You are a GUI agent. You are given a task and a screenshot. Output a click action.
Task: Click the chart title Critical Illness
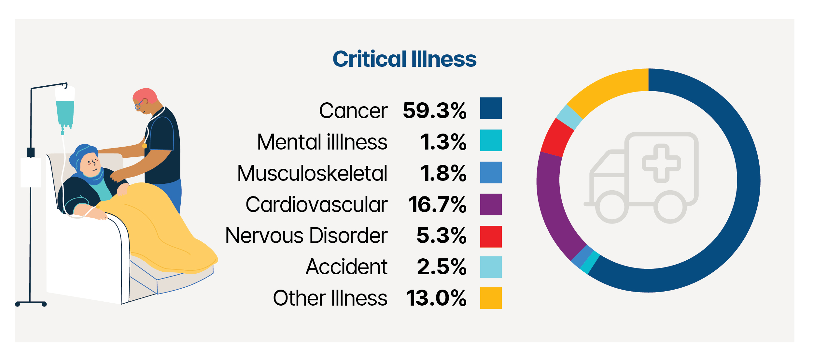[404, 59]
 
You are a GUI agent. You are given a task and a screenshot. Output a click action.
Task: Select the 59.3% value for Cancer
[434, 110]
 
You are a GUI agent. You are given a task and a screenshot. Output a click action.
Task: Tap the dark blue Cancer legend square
[491, 108]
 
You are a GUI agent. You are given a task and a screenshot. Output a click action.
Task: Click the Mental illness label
[322, 142]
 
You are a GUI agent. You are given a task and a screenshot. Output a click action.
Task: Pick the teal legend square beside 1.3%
[491, 140]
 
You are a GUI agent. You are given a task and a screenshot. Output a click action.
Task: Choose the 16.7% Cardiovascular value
[437, 205]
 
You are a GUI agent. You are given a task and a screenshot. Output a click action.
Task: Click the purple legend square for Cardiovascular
[491, 205]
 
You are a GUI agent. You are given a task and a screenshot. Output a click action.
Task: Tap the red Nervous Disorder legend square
[491, 237]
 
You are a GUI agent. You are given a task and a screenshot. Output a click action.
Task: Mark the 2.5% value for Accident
[442, 267]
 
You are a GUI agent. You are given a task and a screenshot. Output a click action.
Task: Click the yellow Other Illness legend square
[491, 298]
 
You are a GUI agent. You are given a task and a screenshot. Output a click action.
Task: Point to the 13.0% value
[436, 298]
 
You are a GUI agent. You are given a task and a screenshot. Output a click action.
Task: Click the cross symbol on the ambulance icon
[661, 163]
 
